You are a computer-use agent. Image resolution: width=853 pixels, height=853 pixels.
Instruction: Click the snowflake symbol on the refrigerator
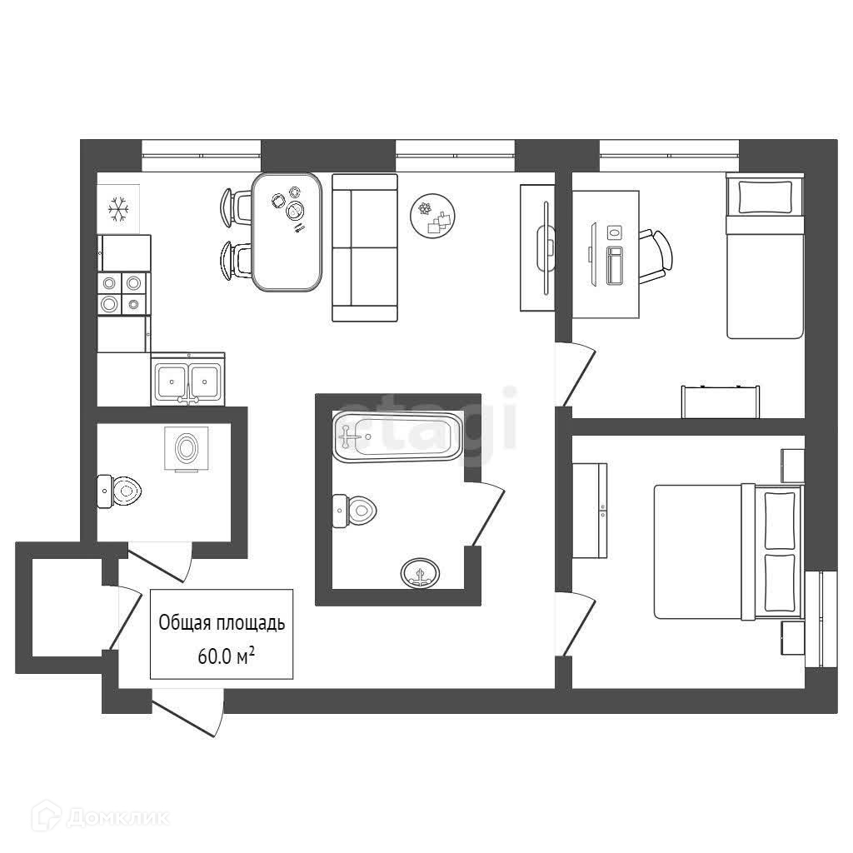click(118, 210)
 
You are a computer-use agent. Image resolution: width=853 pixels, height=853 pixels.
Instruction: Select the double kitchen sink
click(187, 382)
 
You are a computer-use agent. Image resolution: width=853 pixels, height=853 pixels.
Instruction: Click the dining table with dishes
click(287, 232)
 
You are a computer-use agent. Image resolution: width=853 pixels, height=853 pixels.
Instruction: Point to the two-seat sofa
click(365, 247)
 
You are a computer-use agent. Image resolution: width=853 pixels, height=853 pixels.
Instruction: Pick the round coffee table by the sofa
click(433, 216)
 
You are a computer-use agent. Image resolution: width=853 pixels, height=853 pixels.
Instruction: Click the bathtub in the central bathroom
click(397, 436)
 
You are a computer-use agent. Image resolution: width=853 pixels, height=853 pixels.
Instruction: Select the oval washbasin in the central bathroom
click(421, 573)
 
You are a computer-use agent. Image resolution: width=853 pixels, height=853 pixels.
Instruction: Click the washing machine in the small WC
click(187, 449)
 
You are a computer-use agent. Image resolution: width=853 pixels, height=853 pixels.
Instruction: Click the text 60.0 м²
click(226, 656)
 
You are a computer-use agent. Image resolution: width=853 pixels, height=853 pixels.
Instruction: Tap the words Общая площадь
click(222, 622)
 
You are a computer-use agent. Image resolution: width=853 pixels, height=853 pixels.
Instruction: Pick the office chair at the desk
click(656, 256)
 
